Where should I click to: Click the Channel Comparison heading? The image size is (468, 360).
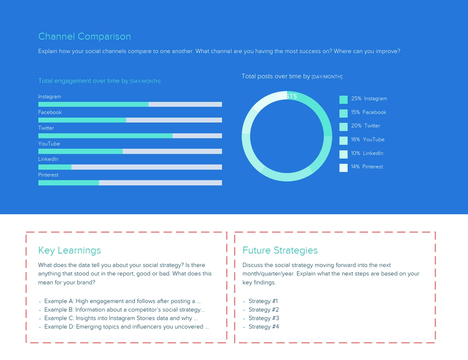pos(84,37)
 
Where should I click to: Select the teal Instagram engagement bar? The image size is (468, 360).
pos(93,104)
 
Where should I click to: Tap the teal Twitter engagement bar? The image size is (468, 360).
pos(105,136)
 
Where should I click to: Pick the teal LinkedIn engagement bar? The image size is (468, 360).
pos(55,167)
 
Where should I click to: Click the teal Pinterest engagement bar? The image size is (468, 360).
pos(68,183)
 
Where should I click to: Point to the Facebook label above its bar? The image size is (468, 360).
pos(50,112)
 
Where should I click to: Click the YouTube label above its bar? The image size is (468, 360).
pos(49,144)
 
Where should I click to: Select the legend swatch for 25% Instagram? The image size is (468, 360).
pos(343,100)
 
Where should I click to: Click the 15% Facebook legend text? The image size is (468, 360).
pos(369,112)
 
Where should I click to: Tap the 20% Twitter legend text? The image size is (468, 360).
pos(365,126)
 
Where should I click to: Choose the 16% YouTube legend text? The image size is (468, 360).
pos(367,139)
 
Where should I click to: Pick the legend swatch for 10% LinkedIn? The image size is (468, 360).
pos(343,154)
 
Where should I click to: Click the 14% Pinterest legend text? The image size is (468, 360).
pos(367,167)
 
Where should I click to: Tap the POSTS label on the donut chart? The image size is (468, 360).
pos(287,96)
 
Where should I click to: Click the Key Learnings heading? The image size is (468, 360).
pos(69,251)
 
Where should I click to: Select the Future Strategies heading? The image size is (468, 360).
pos(280,251)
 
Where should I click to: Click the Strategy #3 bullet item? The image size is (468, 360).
pos(264,318)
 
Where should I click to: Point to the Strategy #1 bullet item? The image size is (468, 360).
pos(264,301)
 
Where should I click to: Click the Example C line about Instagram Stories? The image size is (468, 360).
pos(118,318)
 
